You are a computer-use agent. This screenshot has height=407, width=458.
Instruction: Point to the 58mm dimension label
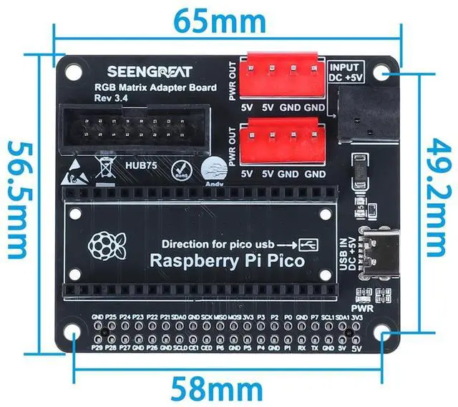pyautogui.click(x=215, y=390)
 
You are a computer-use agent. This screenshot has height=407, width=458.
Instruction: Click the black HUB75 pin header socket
pyautogui.click(x=135, y=129)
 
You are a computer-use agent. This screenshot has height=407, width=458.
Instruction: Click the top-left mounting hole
pyautogui.click(x=74, y=72)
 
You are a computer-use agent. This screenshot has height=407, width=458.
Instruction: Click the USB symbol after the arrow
pyautogui.click(x=308, y=244)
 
